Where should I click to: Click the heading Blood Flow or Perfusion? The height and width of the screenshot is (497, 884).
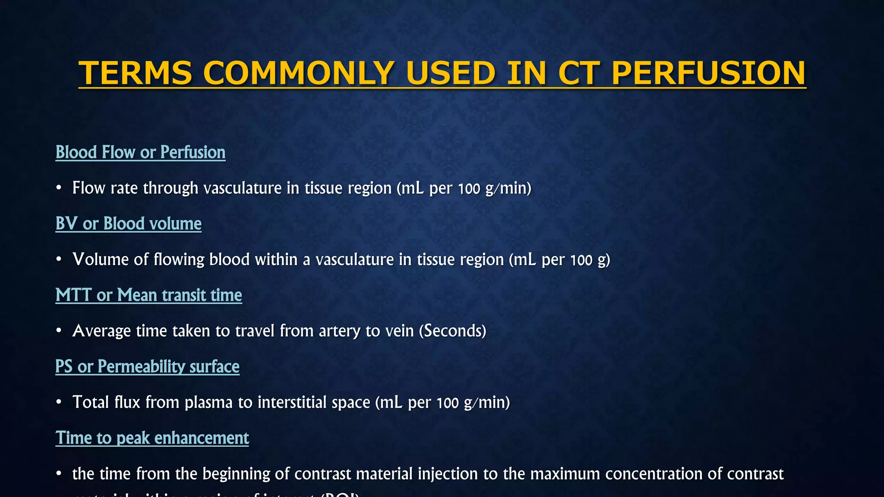tap(140, 152)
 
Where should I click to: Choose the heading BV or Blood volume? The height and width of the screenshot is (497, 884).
tap(128, 223)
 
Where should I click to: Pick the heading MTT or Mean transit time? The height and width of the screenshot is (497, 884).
tap(148, 295)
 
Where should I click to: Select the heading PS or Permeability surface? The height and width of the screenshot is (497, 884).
tap(147, 366)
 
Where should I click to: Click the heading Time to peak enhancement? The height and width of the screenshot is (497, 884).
tap(152, 438)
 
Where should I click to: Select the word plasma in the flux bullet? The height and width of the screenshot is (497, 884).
tap(208, 402)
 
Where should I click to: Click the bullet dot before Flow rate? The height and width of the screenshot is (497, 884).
tap(59, 188)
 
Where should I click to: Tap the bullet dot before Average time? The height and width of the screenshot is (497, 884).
tap(59, 331)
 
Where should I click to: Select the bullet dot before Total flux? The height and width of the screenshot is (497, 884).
tap(59, 402)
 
